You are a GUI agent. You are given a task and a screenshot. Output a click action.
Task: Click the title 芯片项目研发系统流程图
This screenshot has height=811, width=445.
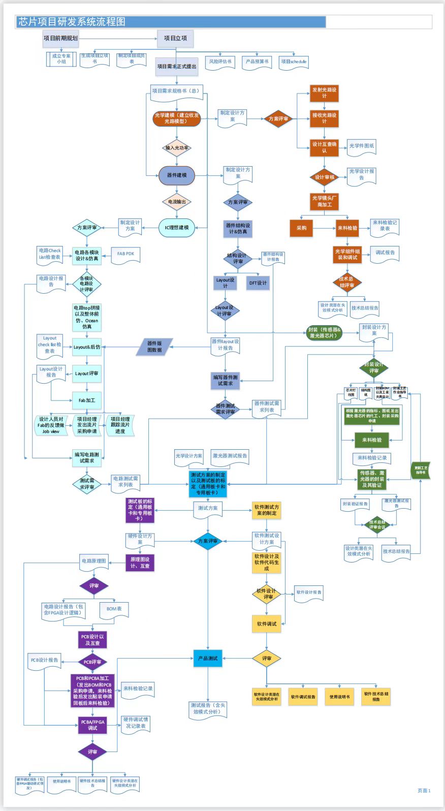coord(72,22)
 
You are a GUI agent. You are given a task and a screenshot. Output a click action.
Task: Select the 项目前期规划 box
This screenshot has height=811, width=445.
coord(61,38)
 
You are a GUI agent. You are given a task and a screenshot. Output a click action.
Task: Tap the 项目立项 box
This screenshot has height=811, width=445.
coord(175,38)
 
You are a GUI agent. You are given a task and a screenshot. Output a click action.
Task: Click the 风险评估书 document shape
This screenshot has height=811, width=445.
coord(220,61)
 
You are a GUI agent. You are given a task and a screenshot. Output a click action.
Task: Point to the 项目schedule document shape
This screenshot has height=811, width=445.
coord(294,61)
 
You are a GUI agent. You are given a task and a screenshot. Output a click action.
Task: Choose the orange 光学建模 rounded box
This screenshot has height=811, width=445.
coord(177,118)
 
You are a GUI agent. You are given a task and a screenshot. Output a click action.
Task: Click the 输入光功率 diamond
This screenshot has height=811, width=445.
coord(177,148)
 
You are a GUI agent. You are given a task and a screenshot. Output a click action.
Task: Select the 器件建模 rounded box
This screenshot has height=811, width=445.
coord(177,175)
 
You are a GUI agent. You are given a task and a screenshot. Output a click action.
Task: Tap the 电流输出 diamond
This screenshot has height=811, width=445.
coord(177,202)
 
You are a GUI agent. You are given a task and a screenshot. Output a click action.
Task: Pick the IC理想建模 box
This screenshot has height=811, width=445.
coord(176,228)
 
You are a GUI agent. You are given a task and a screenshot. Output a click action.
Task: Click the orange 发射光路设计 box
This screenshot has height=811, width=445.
coord(324,93)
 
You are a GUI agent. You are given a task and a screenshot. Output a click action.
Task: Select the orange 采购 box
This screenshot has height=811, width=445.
coord(301,228)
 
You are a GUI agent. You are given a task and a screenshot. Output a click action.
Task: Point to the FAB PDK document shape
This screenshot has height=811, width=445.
coord(125,254)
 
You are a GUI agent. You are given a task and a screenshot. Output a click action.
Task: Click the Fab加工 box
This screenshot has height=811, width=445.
coord(87,400)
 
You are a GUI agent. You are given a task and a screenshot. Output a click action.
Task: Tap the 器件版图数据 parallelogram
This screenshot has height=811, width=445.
coord(154,347)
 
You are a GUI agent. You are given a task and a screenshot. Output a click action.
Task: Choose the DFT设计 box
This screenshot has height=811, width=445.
coord(258,283)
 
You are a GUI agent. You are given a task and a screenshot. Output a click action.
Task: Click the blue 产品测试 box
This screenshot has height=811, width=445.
coord(208,659)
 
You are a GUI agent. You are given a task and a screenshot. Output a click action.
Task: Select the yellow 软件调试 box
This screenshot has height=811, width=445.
coord(267,624)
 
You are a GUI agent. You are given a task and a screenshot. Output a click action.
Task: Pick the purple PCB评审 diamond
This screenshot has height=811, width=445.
coord(92,662)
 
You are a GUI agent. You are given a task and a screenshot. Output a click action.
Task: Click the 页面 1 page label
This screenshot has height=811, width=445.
coord(424,791)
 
